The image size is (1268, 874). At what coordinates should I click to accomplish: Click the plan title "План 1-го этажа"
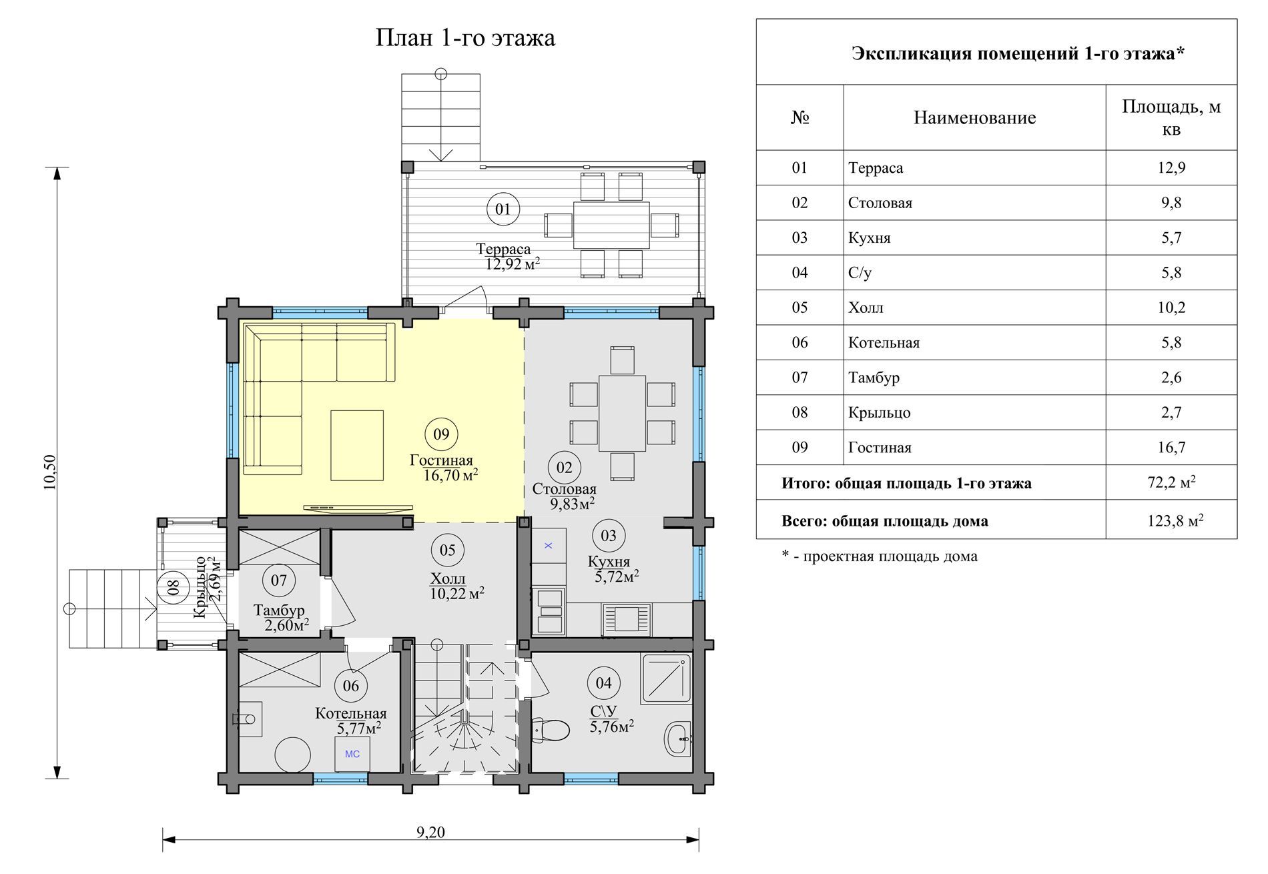pos(465,38)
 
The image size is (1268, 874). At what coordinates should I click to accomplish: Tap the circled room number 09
pos(441,434)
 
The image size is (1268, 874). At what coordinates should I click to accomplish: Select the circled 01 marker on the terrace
pos(503,209)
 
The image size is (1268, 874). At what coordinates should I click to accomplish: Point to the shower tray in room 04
pos(665,679)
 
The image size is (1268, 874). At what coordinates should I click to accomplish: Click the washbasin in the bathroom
pos(678,739)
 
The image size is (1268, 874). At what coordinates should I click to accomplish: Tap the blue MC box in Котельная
pos(352,754)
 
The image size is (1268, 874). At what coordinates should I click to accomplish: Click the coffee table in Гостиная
pos(357,446)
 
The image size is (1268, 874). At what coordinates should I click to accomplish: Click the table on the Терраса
pos(611,226)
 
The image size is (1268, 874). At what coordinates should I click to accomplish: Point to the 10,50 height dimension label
pos(51,472)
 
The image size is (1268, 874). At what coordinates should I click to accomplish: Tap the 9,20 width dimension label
pos(430,832)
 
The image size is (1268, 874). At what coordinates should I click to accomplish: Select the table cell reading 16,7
pos(1171,448)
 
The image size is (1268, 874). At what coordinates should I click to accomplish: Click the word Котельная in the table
pos(884,343)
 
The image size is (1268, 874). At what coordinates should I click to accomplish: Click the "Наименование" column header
pos(974,118)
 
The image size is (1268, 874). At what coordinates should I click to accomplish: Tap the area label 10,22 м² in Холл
pos(457,593)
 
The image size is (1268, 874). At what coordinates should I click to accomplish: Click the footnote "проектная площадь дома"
pos(890,556)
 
